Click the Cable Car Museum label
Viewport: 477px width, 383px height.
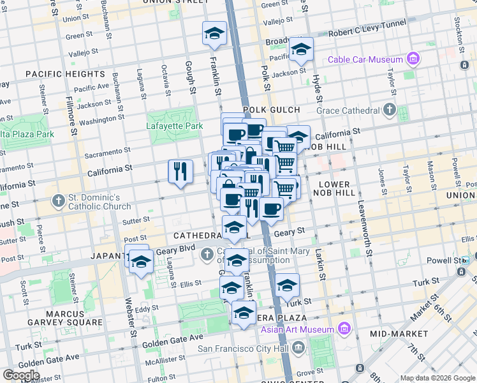366,60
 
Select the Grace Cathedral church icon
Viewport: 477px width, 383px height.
389,110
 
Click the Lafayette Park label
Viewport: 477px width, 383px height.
175,126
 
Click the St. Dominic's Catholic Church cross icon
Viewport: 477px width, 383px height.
58,200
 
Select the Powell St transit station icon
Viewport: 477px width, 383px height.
465,260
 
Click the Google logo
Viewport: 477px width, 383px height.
20,375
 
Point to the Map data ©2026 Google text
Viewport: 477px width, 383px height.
437,378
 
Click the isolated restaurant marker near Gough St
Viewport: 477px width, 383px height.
180,171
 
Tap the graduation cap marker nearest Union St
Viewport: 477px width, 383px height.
215,33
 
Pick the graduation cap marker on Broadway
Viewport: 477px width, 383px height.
301,49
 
